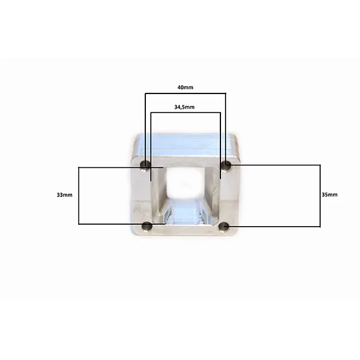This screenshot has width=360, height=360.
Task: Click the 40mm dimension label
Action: pyautogui.click(x=185, y=87)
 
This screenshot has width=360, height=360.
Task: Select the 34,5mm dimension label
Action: pyautogui.click(x=184, y=107)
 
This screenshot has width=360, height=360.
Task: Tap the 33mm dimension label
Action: pyautogui.click(x=64, y=195)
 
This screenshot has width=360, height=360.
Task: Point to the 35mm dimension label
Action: pyautogui.click(x=330, y=195)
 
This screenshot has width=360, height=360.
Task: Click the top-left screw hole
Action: pyautogui.click(x=145, y=165)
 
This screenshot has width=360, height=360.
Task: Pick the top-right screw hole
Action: pyautogui.click(x=226, y=164)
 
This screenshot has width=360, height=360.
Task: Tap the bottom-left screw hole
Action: pyautogui.click(x=147, y=226)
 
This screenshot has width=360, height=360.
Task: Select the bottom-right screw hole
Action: pyautogui.click(x=224, y=227)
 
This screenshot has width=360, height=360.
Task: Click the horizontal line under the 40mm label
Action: pyautogui.click(x=185, y=93)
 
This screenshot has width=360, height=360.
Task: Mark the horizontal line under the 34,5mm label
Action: pyautogui.click(x=186, y=112)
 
